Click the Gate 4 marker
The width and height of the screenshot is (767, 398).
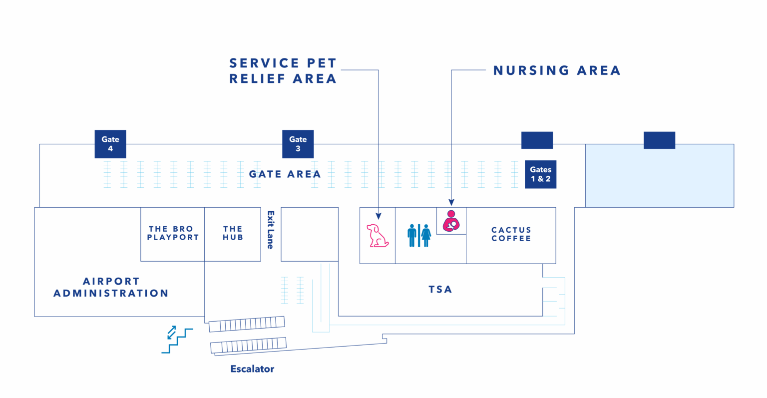110,144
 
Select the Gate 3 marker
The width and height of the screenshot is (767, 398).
298,144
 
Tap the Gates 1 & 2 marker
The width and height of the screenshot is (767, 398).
540,174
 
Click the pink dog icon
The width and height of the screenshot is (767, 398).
377,236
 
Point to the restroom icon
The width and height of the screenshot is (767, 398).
419,236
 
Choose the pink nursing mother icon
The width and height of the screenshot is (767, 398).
451,221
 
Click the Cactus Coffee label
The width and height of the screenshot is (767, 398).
511,234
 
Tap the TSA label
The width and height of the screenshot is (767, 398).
440,289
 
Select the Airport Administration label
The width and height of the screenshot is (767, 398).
111,287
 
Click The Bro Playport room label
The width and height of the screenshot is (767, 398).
173,233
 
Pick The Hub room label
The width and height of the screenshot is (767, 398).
233,233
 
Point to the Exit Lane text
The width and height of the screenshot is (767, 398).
270,230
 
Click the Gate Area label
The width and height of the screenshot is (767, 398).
285,174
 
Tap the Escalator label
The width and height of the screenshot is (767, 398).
252,369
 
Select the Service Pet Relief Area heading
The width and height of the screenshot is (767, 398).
283,71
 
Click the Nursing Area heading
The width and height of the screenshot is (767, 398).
557,70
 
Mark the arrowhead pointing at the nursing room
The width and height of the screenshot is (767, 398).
451,203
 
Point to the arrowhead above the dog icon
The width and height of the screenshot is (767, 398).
378,216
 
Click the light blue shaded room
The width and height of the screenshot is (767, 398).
659,176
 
